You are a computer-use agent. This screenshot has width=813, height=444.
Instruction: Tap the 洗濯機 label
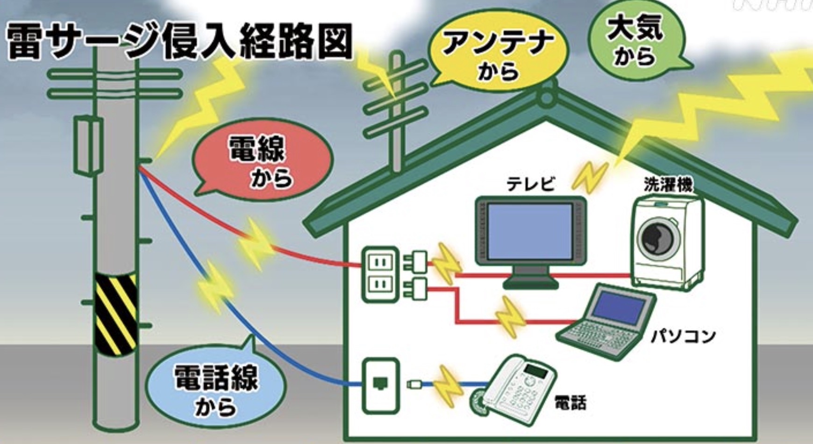(668, 184)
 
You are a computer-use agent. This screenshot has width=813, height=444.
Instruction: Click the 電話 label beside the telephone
(570, 402)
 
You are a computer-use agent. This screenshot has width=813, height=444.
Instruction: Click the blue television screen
(530, 232)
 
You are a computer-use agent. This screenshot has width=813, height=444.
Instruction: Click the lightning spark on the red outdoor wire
(255, 241)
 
